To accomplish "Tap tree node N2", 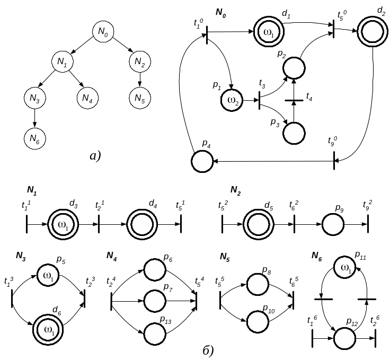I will pyautogui.click(x=139, y=62).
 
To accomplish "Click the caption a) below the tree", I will pyautogui.click(x=96, y=156).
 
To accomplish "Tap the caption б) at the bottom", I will pyautogui.click(x=209, y=350).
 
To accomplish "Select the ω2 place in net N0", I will pyautogui.click(x=233, y=100).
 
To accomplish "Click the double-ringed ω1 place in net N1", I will pyautogui.click(x=63, y=225).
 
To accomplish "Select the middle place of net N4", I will pyautogui.click(x=155, y=301).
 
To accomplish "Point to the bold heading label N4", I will pyautogui.click(x=111, y=257).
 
